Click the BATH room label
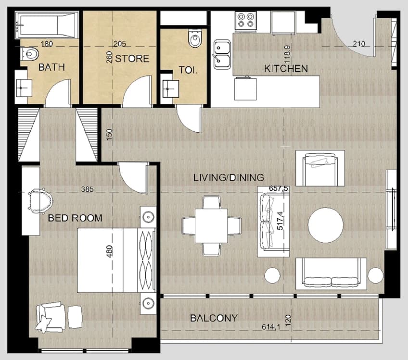click(51, 67)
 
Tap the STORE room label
click(132, 59)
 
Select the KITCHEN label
click(286, 69)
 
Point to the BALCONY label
click(214, 318)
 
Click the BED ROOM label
click(75, 218)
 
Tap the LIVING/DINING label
click(229, 177)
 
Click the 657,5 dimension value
click(279, 188)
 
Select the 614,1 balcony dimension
click(270, 327)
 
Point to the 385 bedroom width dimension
click(87, 189)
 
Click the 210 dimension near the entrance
click(359, 44)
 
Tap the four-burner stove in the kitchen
click(245, 21)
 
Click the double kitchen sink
click(222, 54)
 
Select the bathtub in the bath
click(47, 25)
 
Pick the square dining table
click(211, 225)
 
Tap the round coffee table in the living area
click(325, 225)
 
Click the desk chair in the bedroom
click(40, 200)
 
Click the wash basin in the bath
click(24, 88)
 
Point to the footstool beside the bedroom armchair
click(75, 317)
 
